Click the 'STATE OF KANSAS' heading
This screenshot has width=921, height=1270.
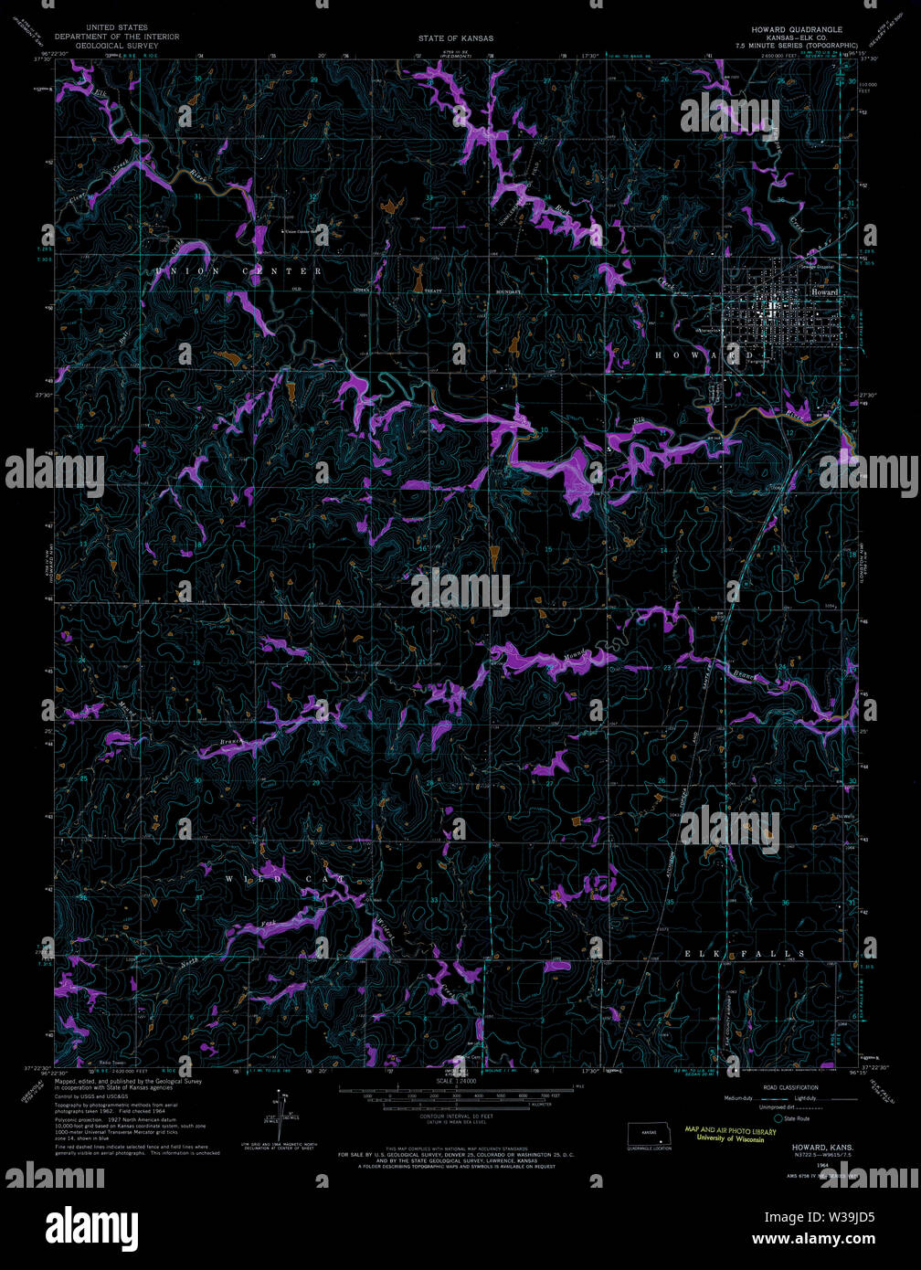[455, 38]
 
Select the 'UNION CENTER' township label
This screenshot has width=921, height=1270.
[238, 271]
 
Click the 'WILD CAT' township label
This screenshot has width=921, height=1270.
[285, 879]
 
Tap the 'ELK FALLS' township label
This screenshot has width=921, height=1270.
[746, 954]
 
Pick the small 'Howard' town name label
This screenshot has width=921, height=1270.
[824, 291]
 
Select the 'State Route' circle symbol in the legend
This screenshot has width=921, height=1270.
[778, 1118]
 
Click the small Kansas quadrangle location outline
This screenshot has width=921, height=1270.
[650, 1133]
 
